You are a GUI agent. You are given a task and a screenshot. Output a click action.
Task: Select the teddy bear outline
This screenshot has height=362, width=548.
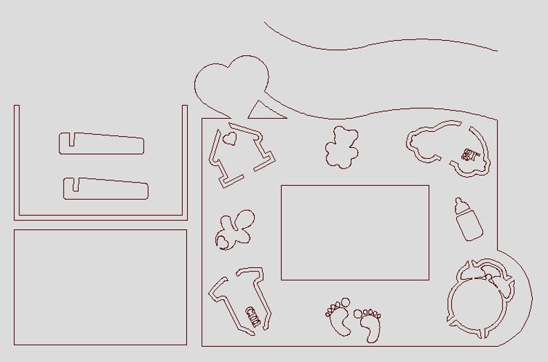[x=342, y=146]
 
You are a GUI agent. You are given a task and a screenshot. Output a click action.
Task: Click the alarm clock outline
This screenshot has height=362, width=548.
[x=481, y=297]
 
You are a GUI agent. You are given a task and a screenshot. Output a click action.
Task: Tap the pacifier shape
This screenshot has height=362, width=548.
[x=231, y=231]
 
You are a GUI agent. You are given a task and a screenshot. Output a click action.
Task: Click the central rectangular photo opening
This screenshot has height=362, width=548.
[x=355, y=232]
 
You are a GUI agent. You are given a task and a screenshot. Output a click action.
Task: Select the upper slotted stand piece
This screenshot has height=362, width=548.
[x=102, y=143]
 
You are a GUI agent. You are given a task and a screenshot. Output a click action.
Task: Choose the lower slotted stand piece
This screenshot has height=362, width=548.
[x=106, y=189]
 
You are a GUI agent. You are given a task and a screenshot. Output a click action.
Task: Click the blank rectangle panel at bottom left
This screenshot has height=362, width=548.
[x=100, y=287]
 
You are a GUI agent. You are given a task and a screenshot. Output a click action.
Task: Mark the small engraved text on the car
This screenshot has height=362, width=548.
[x=471, y=153]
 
